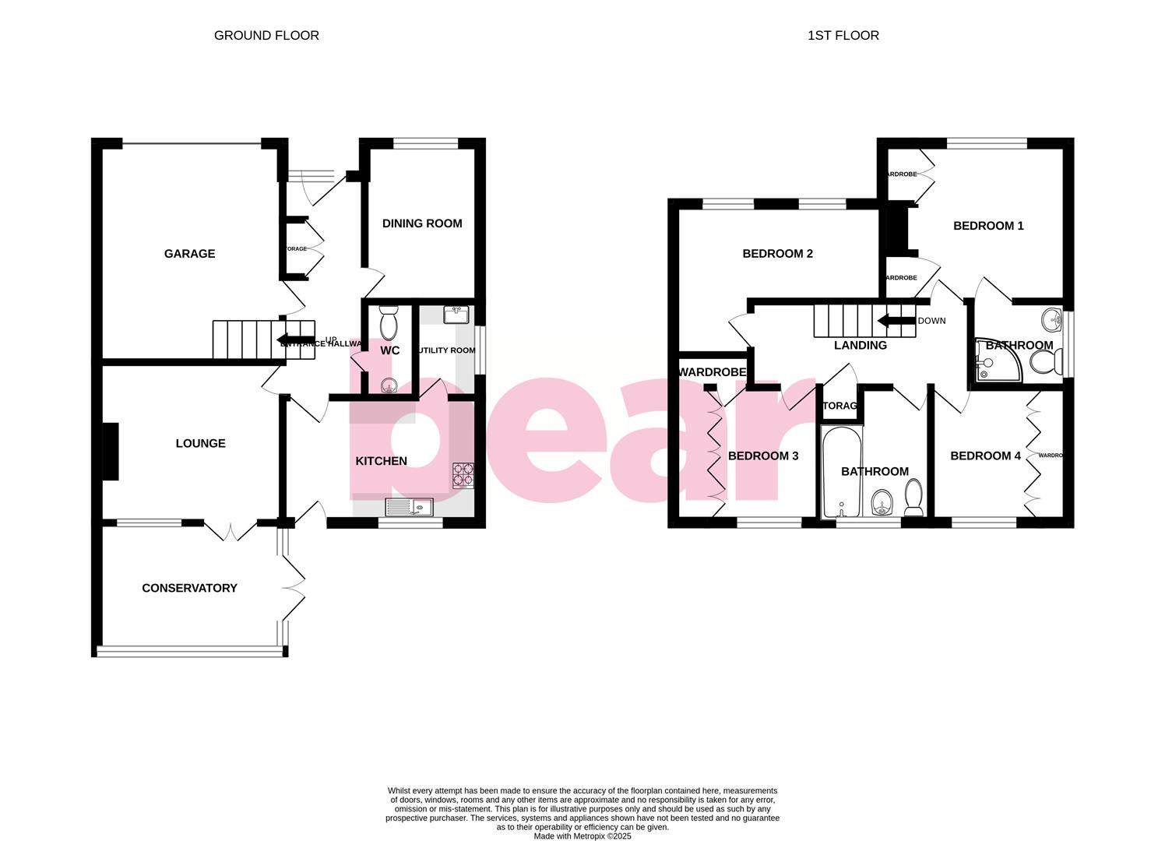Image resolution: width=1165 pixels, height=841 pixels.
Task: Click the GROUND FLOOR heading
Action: pos(266,35)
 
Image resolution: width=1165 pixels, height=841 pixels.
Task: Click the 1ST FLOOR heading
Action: pos(843,35)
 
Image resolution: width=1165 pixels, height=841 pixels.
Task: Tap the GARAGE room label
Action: pos(189,254)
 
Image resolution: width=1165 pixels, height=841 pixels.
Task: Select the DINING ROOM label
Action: pos(422,223)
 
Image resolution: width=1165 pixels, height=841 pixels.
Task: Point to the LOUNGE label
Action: pos(200,444)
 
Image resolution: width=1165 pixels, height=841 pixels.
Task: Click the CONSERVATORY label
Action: pos(189,588)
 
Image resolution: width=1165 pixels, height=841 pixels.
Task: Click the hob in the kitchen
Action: pos(463,475)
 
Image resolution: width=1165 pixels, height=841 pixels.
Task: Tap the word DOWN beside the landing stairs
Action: pos(931,321)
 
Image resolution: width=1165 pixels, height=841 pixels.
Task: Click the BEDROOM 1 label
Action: pos(988,226)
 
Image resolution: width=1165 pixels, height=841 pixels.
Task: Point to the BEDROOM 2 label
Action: pos(777,254)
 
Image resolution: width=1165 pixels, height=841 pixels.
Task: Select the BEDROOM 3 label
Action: pos(763,456)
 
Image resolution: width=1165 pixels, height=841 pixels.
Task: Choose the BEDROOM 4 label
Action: pos(985,456)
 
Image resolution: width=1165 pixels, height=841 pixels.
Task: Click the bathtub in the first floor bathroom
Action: pos(842,471)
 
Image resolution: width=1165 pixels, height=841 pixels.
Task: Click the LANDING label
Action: pos(860,346)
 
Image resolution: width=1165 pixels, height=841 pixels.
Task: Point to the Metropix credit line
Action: pos(582,836)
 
